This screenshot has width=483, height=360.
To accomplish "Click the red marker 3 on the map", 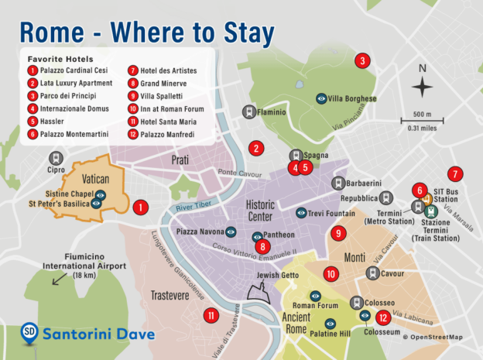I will (x=361, y=60).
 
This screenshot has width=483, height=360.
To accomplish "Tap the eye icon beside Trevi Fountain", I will (x=301, y=212).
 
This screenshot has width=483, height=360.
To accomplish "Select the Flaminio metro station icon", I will (x=249, y=111).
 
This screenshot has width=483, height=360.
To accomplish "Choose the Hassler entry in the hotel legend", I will (x=48, y=121).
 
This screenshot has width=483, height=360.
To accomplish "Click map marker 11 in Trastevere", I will (x=211, y=315).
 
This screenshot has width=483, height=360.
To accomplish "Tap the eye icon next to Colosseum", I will (x=365, y=316).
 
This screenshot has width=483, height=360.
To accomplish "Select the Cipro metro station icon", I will (x=57, y=154).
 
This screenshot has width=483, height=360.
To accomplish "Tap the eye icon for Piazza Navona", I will (x=231, y=231).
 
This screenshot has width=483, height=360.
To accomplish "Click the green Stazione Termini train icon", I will (x=431, y=209).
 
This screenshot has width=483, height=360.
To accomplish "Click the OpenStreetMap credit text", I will (x=437, y=337).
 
